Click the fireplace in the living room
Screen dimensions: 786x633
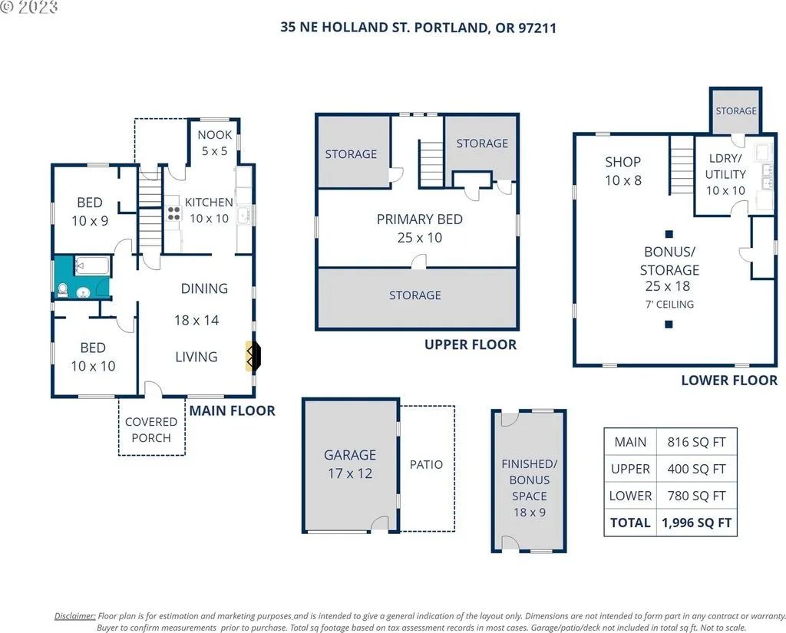253,356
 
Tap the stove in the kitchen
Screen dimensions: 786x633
173,213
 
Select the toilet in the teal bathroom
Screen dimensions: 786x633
63,290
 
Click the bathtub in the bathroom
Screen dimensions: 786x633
92,265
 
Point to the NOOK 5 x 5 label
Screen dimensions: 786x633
215,143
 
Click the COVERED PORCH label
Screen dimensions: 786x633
151,430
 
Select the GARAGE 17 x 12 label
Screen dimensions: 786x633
350,463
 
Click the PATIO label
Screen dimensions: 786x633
426,465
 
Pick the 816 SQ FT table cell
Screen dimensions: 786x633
696,442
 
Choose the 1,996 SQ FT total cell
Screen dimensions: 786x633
696,523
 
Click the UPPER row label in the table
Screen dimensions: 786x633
630,469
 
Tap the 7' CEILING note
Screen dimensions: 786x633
669,304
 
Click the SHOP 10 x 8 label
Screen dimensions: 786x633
623,171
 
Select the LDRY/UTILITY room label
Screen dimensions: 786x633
725,166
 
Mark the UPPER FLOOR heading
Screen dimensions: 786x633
471,345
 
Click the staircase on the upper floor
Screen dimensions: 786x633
431,164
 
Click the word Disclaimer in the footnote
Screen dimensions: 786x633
74,616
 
